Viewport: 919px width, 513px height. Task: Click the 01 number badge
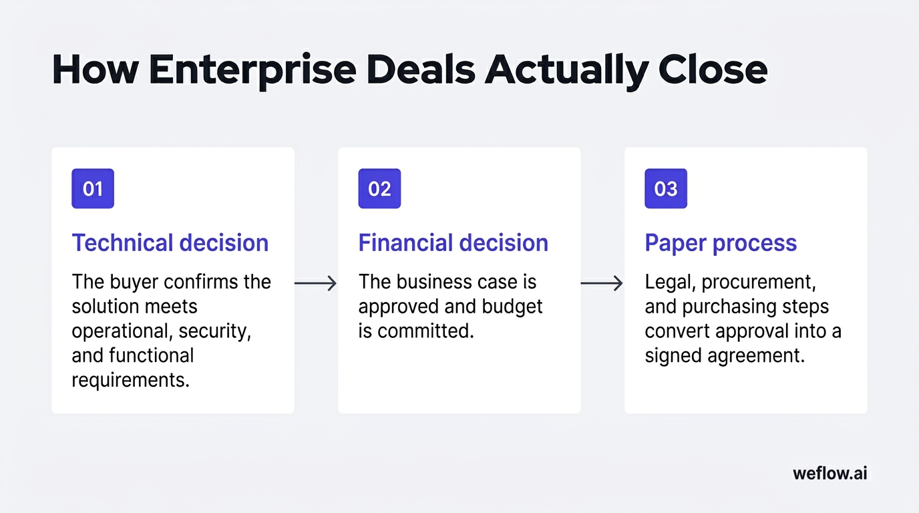pos(93,188)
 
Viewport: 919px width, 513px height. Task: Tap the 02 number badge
pos(379,188)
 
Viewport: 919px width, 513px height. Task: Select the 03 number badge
pos(666,188)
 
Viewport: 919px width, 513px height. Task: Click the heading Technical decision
pos(170,242)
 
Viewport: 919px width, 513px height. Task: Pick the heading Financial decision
pos(453,242)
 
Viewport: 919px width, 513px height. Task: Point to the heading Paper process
pos(721,242)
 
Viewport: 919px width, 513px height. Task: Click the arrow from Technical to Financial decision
pos(316,283)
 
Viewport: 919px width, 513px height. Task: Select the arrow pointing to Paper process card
pos(602,283)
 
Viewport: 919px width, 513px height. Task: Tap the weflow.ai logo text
pos(830,474)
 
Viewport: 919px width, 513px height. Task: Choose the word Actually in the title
pos(566,69)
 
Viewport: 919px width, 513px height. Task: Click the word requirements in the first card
pos(130,380)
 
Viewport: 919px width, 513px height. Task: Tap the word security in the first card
pos(215,331)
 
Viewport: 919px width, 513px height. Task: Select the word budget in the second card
pos(515,307)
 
